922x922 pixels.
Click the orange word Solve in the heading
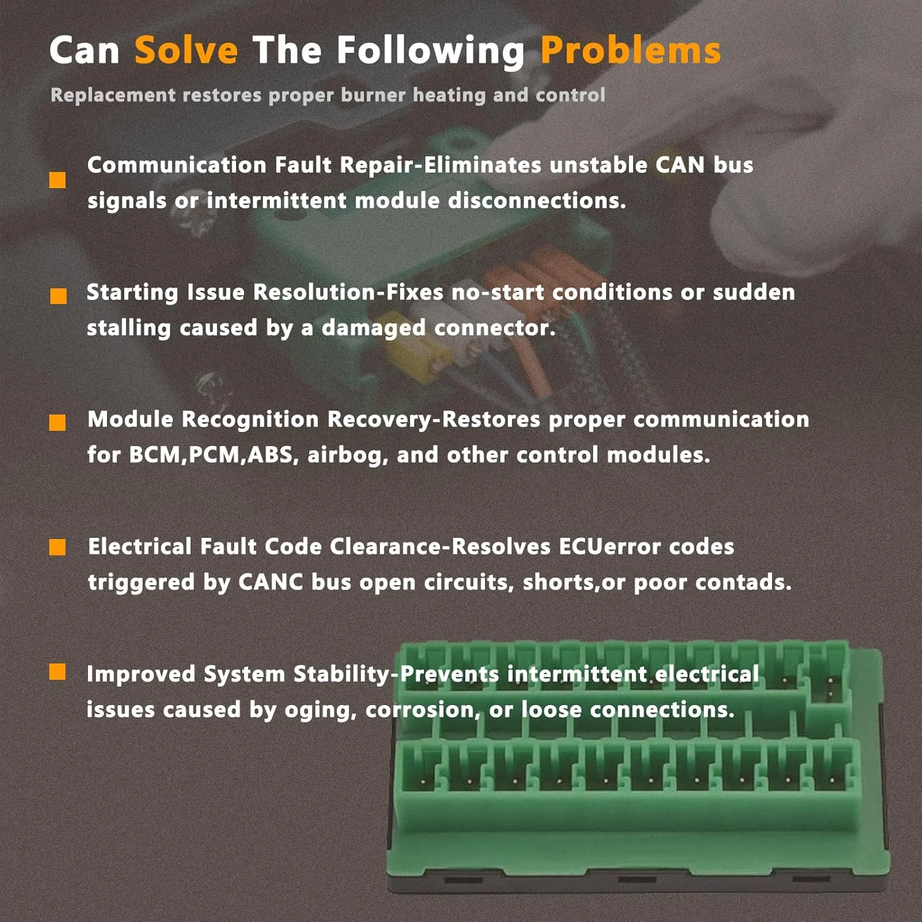[186, 50]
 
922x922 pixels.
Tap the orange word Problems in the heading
[631, 50]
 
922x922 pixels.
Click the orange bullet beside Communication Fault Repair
[57, 179]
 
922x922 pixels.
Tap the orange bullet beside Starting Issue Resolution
[58, 296]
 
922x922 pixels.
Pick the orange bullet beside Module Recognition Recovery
[57, 422]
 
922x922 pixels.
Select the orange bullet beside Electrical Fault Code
[57, 547]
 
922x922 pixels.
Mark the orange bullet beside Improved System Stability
[57, 672]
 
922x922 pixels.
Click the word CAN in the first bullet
[680, 165]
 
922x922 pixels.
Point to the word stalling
[128, 328]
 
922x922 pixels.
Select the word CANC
[270, 582]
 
